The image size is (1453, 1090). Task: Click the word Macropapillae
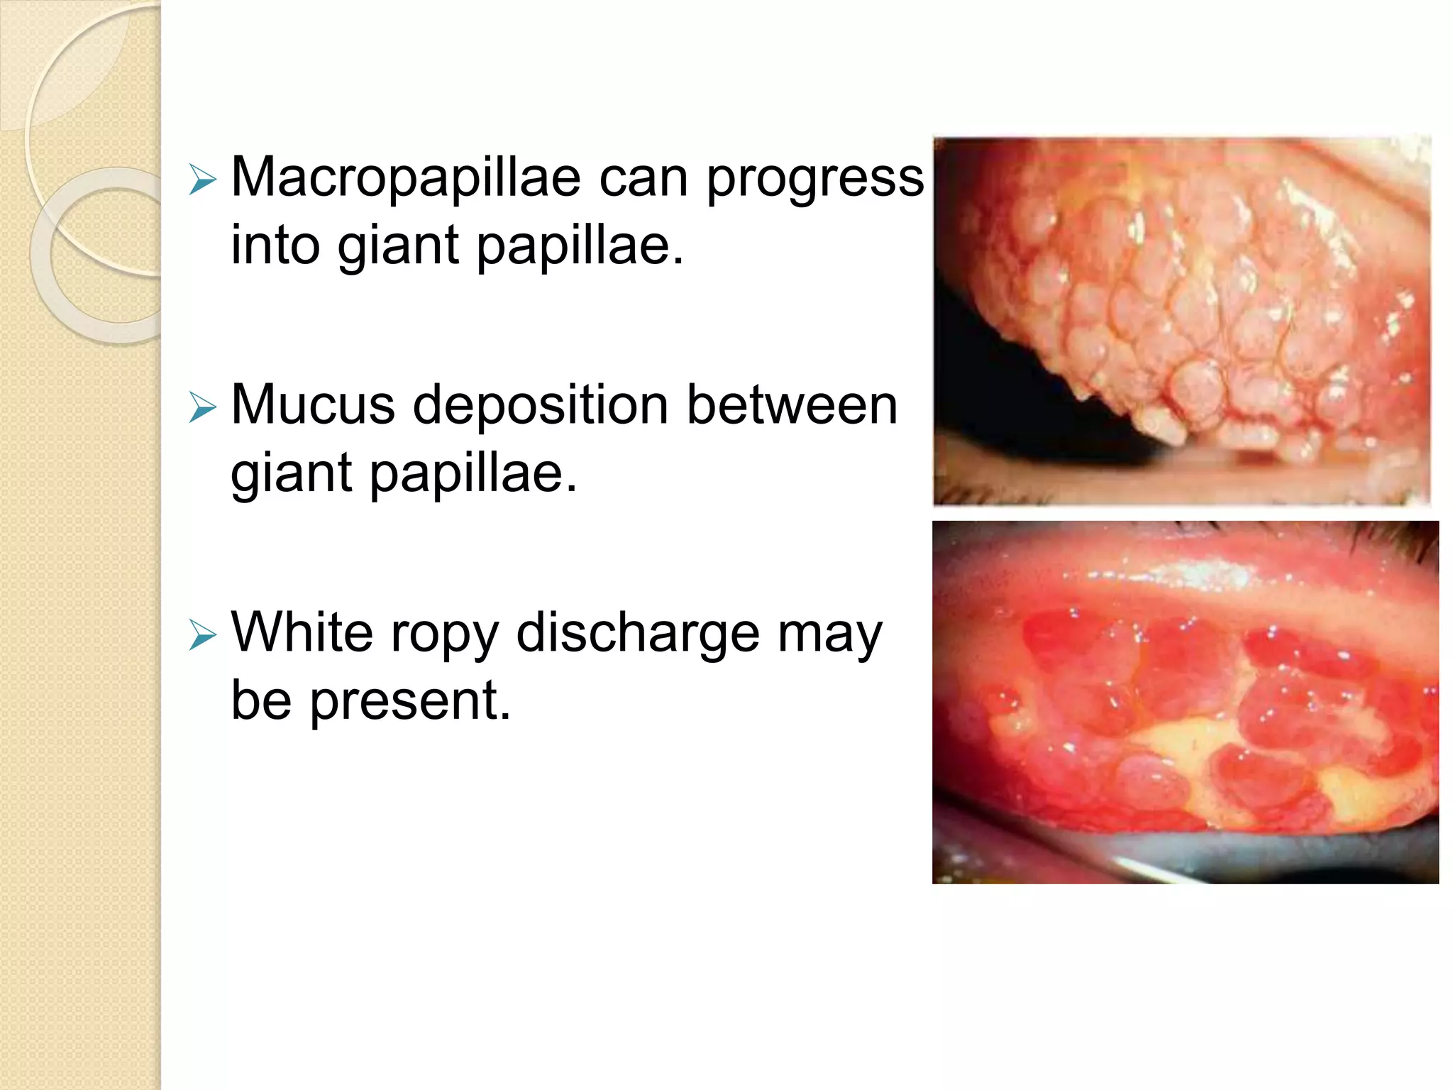pyautogui.click(x=406, y=177)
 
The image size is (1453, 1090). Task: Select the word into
pyautogui.click(x=275, y=244)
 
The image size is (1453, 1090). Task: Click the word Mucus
pyautogui.click(x=313, y=405)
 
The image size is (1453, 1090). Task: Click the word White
pyautogui.click(x=302, y=632)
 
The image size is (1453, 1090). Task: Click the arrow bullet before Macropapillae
pyautogui.click(x=202, y=180)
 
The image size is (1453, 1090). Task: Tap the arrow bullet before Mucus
pyautogui.click(x=202, y=408)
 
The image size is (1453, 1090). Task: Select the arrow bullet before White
pyautogui.click(x=202, y=635)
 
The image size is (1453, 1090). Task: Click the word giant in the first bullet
pyautogui.click(x=397, y=246)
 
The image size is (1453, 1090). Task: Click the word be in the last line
pyautogui.click(x=261, y=700)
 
